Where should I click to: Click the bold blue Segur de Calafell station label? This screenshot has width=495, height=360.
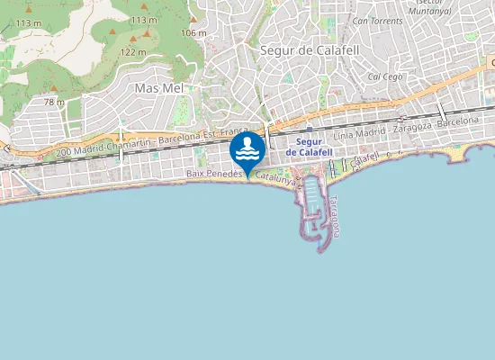pyautogui.click(x=310, y=148)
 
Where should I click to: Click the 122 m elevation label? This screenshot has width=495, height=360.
pyautogui.click(x=133, y=52)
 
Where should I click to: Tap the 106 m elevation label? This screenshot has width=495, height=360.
pyautogui.click(x=193, y=32)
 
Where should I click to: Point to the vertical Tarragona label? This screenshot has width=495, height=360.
pyautogui.click(x=333, y=216)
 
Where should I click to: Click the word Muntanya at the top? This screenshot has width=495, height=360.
pyautogui.click(x=428, y=11)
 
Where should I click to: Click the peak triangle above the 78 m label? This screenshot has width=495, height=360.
pyautogui.click(x=53, y=88)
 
